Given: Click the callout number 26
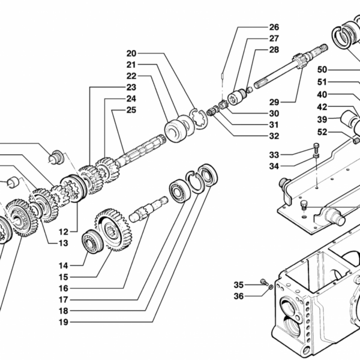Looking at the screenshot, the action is click(274, 27).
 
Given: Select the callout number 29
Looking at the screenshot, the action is click(274, 102).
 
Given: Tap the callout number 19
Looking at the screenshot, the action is click(64, 322).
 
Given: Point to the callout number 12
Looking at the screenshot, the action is click(64, 232).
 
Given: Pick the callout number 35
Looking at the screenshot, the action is click(239, 285).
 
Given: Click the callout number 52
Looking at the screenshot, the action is click(322, 132).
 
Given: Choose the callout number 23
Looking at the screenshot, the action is click(131, 87).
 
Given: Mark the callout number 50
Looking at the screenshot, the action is click(322, 70).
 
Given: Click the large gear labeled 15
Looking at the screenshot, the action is click(113, 230).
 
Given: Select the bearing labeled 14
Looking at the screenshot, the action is click(92, 242).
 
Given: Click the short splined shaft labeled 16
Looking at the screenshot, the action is click(148, 209).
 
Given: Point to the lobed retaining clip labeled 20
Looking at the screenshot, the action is click(198, 119).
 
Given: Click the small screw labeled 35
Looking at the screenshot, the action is click(264, 282).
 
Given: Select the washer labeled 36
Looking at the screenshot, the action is click(271, 287).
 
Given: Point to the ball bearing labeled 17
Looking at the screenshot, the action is click(180, 190).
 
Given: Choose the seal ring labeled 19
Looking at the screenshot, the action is click(208, 175).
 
